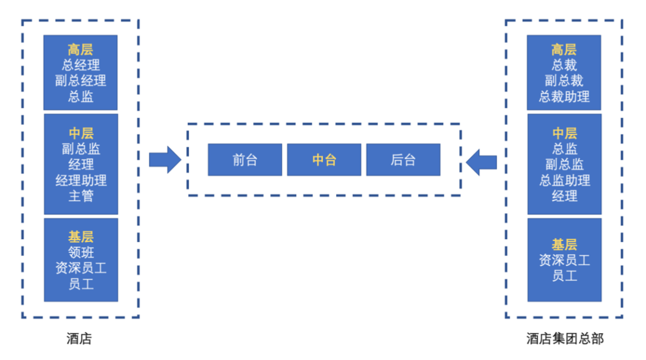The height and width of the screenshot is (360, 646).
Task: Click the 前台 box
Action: pos(245,160)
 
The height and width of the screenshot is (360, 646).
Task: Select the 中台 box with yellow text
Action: pos(324,160)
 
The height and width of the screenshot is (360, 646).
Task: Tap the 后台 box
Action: pos(403,160)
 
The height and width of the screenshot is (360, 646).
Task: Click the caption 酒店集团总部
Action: pos(565,339)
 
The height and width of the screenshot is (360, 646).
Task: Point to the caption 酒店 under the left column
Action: pos(80,339)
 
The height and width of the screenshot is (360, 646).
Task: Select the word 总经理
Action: pos(81,65)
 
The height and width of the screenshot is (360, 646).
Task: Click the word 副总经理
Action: pos(81,81)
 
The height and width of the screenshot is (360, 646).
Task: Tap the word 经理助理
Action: pos(81,180)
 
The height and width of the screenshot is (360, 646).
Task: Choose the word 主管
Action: pos(81,196)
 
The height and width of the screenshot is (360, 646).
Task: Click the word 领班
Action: pos(81,253)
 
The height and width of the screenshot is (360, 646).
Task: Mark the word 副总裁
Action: pos(564,81)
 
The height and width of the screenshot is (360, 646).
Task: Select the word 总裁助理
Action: pos(564,96)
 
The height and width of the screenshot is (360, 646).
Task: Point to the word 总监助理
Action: pos(564,180)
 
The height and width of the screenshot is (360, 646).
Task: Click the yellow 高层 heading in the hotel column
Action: pos(81,50)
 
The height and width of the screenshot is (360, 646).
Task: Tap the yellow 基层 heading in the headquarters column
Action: pos(564,245)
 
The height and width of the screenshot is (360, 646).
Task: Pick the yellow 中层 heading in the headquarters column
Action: pos(564,133)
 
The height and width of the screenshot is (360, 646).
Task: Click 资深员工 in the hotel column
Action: pos(81,269)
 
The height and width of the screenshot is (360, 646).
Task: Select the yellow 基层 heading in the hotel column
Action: pos(81,237)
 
